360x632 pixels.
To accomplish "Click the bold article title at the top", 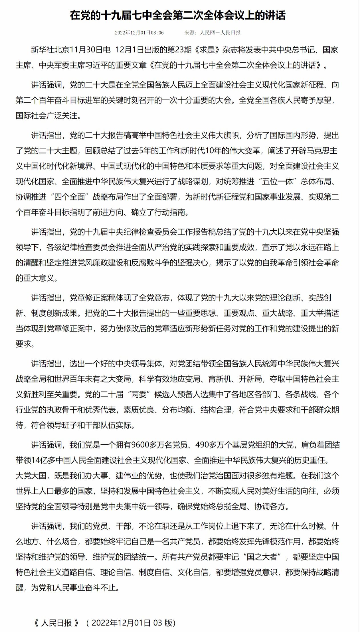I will pos(178,15).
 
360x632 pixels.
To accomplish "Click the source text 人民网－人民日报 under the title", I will pos(220,32).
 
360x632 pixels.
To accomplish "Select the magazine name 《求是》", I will pos(207,50).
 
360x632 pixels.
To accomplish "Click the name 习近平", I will pos(96,65).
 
